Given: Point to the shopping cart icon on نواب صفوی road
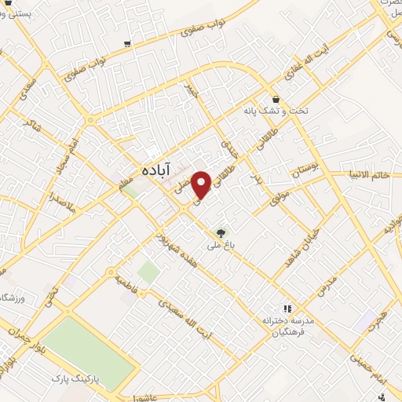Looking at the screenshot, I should coord(127,44).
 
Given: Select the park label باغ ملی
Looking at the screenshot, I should coord(223,245).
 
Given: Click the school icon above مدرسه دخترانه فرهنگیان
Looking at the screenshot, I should coord(287,309).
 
